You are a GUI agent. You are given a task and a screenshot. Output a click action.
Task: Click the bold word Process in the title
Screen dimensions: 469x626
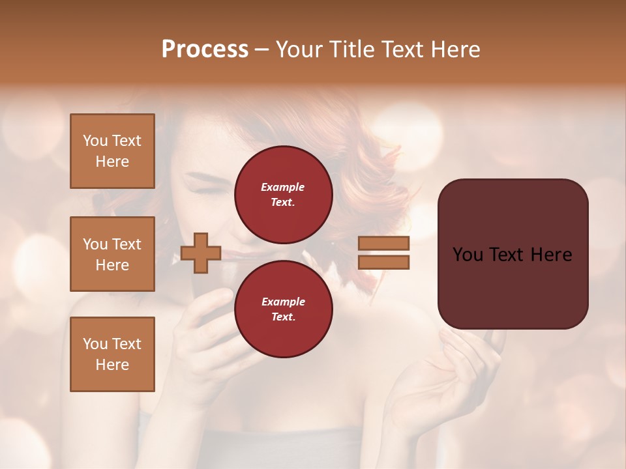tap(205, 50)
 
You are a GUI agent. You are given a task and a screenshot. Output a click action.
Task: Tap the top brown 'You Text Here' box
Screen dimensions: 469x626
tap(112, 151)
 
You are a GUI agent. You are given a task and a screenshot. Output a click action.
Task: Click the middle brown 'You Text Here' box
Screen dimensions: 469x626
tap(112, 254)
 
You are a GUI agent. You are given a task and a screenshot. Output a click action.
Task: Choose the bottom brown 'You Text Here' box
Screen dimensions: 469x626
tap(112, 354)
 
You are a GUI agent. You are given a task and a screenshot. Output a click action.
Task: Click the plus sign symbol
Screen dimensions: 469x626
tap(201, 253)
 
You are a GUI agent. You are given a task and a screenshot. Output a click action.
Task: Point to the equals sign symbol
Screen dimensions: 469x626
tap(383, 253)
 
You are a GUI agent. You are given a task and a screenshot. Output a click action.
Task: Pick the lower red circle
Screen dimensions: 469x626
tap(283, 309)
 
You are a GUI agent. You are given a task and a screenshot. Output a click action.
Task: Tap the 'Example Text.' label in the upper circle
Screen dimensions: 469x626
tap(283, 194)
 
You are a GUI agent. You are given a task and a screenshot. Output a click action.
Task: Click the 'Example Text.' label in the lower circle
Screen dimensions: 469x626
tap(283, 309)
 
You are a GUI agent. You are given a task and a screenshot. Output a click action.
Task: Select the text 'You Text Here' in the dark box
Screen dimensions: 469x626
tap(513, 254)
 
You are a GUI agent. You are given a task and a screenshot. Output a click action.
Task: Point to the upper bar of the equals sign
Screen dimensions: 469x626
tap(383, 243)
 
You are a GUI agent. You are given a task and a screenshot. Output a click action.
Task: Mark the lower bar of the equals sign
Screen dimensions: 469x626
tap(383, 262)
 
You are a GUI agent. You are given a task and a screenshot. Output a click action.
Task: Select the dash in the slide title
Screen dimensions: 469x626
tap(261, 50)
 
